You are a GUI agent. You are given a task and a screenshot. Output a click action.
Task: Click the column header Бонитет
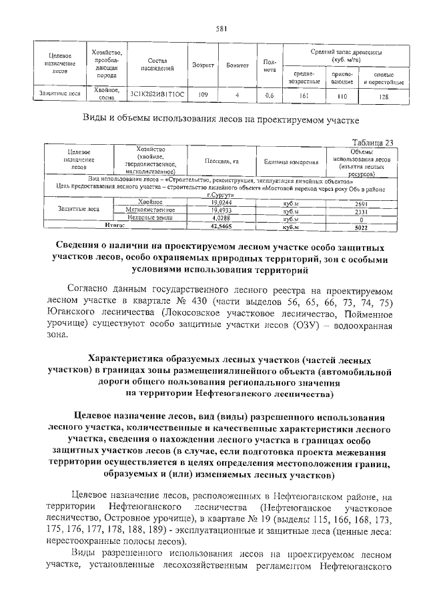237,65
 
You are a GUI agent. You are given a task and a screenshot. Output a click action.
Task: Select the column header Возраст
203,65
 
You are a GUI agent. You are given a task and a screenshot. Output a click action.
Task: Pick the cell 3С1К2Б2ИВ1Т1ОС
157,95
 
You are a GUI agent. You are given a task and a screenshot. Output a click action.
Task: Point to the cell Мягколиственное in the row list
145,210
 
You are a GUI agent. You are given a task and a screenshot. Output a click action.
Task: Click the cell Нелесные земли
145,218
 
